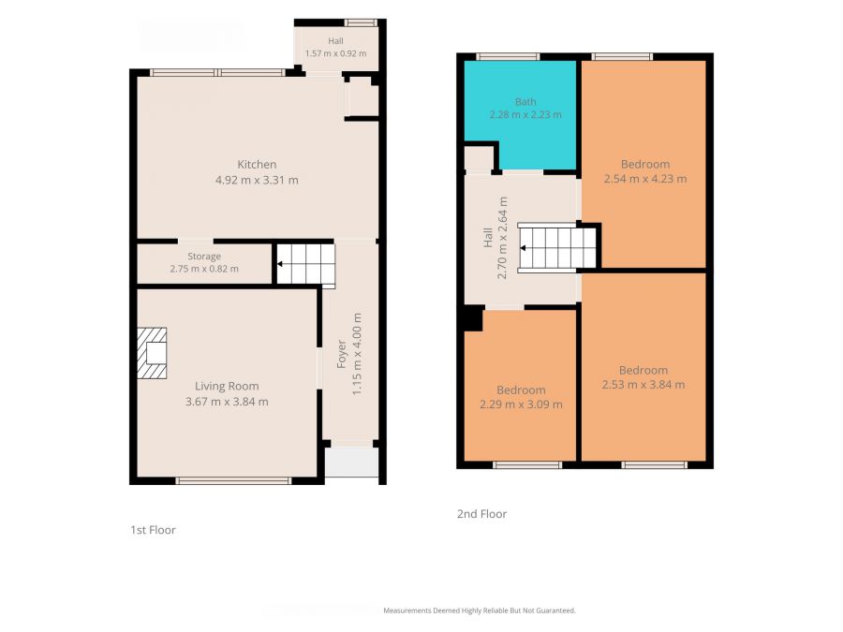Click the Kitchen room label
pos(257,165)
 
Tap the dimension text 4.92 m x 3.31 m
pos(257,180)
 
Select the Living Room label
pos(227,387)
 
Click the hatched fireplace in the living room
pos(152,354)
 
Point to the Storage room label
pos(204,257)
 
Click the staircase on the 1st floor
pos(306,264)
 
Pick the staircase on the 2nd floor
pos(557,248)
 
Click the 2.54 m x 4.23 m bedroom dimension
pos(645,179)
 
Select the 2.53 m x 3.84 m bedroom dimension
pos(643,385)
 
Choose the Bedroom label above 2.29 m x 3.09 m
pos(521,390)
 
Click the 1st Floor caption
pos(154,530)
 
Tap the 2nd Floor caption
pos(481,514)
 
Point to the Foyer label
pos(341,354)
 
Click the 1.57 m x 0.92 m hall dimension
pos(335,53)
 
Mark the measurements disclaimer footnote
pos(480,610)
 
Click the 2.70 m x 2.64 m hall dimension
pos(502,238)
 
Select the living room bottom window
pos(234,480)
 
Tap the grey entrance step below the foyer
pos(352,461)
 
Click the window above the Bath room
pos(508,56)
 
